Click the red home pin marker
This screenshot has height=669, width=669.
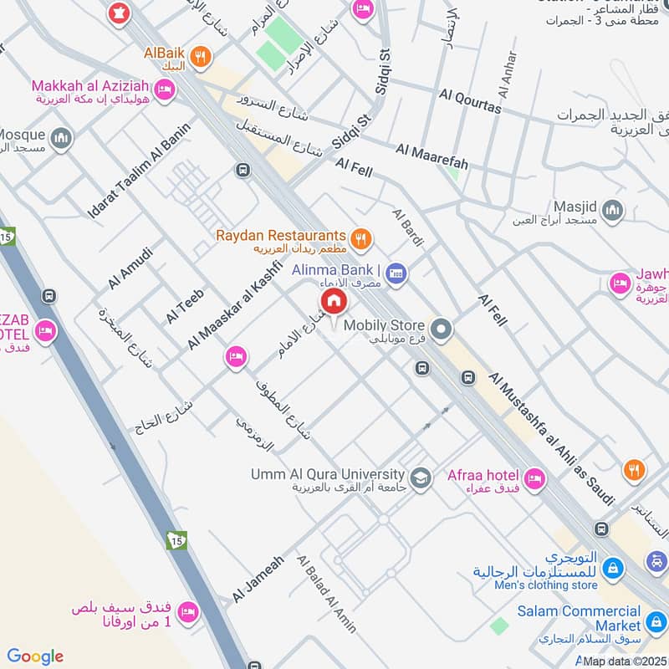[332, 301]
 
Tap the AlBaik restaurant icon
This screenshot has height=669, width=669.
[199, 58]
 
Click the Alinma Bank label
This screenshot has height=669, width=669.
[336, 270]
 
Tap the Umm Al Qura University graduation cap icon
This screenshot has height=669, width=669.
[421, 477]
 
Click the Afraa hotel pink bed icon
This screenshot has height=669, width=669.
[534, 479]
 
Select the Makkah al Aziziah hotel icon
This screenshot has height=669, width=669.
[165, 88]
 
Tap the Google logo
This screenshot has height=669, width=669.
[35, 656]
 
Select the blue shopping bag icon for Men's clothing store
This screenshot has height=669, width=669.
[613, 568]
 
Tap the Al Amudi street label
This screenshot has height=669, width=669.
[130, 268]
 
